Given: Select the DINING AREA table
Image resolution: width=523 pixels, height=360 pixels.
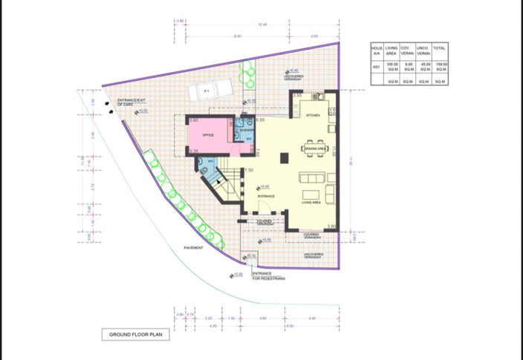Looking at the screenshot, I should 316,148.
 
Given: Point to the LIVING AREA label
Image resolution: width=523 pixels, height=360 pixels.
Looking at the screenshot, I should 311,202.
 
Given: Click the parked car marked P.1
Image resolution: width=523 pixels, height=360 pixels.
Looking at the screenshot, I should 206,91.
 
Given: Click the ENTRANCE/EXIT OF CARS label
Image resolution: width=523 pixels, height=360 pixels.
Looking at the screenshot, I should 132,103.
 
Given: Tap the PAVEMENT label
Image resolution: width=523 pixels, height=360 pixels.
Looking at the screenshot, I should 194,247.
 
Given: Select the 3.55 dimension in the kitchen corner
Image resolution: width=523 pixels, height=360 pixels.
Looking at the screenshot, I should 296,95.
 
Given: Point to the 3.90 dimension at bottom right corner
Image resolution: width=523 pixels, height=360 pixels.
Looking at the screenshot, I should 333,226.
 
